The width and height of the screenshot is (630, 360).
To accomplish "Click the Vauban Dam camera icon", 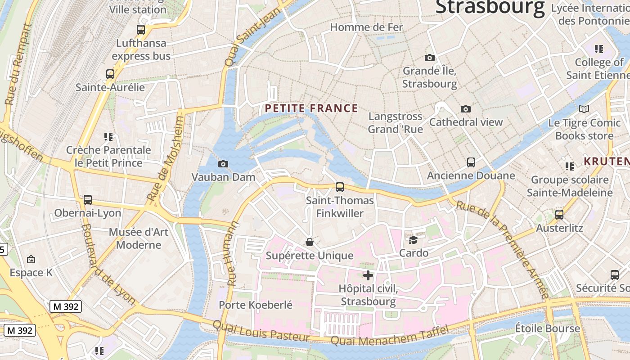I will pos(223,164).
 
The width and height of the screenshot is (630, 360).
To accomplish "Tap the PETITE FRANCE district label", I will pos(311,108).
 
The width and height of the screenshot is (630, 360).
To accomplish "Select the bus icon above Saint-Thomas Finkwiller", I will pos(340,187).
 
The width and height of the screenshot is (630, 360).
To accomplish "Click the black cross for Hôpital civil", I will pos(368,275).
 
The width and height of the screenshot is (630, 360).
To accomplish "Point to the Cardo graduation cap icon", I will pos(413,240).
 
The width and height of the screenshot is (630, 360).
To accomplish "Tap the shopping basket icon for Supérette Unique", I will pos(310,243).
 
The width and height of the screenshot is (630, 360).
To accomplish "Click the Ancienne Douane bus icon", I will pos(471,162).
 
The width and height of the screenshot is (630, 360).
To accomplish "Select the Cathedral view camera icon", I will pos(466,109).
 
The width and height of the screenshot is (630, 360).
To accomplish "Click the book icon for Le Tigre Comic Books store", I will pos(584,109).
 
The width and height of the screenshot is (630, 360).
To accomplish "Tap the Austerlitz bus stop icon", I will pos(559,215).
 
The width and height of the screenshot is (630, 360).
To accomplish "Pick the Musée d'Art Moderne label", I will pos(139,238).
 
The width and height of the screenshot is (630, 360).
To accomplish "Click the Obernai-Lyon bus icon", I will pos(88,199).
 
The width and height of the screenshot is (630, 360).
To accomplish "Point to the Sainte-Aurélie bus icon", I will pos(110,74).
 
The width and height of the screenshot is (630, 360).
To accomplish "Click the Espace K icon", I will pos(31,259).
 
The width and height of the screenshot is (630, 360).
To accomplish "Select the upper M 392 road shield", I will pos(66,306).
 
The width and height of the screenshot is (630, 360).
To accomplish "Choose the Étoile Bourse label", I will pos(547,328).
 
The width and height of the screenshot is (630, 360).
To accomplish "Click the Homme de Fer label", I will pos(366,27).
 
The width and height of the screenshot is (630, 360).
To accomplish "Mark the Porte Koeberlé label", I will pos(256,305).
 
